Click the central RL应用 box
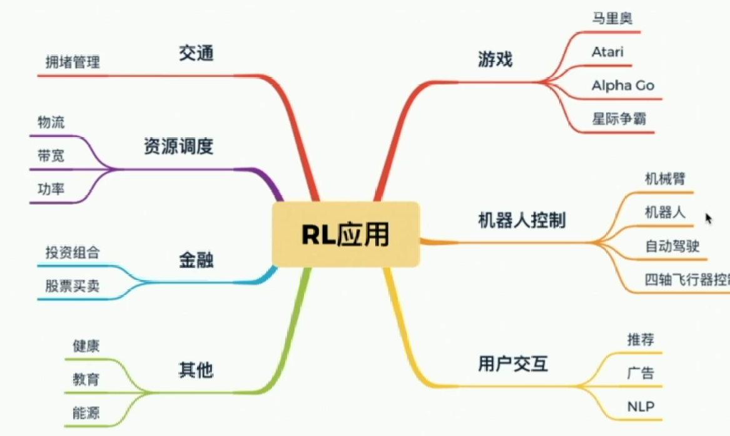(345, 234)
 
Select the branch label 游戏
(495, 60)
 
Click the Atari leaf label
(607, 52)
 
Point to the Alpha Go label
(623, 85)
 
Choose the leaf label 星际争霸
(619, 118)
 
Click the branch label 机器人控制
(522, 220)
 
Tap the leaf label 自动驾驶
(672, 246)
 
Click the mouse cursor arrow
(708, 218)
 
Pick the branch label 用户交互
(512, 363)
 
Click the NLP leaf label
(641, 407)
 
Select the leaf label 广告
(641, 374)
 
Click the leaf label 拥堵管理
(73, 62)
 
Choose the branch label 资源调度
(178, 147)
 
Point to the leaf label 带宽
(51, 156)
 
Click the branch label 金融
(196, 261)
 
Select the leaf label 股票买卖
(73, 286)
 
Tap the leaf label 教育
(86, 379)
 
